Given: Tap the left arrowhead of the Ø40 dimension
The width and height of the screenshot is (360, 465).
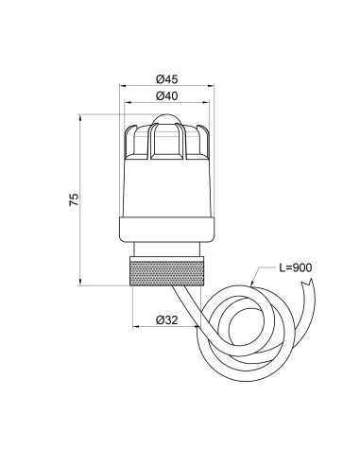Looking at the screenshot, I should [128, 103].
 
